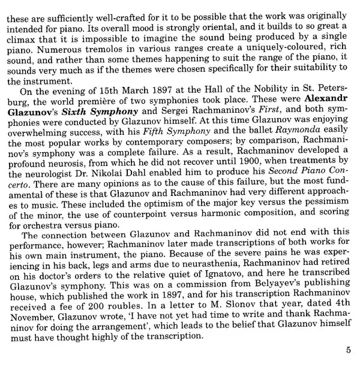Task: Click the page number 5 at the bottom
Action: click(349, 351)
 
